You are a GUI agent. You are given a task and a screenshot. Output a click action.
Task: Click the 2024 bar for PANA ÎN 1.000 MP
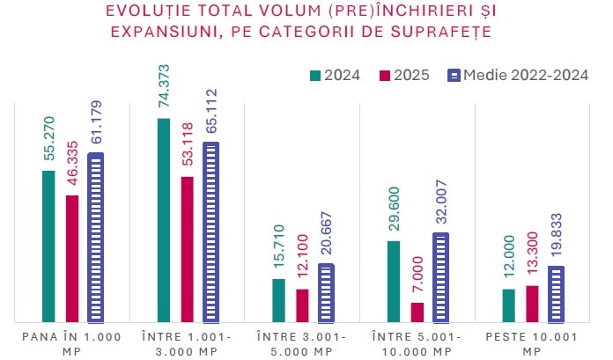coord(48,246)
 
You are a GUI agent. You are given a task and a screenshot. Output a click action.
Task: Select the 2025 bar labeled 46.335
coord(72,259)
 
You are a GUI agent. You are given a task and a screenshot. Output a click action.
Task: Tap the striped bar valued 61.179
coord(95,238)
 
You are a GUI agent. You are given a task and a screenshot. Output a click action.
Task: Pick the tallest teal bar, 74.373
coord(163,220)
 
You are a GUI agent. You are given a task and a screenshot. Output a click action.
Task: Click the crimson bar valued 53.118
coord(187,249)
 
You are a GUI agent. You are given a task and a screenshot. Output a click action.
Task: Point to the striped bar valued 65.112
coord(210,232)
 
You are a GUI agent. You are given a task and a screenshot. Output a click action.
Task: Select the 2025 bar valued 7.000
coord(417,312)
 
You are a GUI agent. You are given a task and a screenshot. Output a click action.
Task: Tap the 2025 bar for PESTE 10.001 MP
coord(532,304)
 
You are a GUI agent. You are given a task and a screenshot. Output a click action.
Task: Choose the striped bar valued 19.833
coord(556,294)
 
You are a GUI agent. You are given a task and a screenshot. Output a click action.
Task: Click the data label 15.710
coord(279,250)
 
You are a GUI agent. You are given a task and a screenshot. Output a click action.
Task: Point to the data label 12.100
coord(302,261)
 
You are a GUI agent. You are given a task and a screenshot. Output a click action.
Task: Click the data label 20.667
coord(326,235)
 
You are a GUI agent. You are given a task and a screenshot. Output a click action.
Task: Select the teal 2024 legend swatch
coord(315,75)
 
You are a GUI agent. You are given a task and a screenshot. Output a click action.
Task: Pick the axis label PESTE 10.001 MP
coord(531,344)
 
